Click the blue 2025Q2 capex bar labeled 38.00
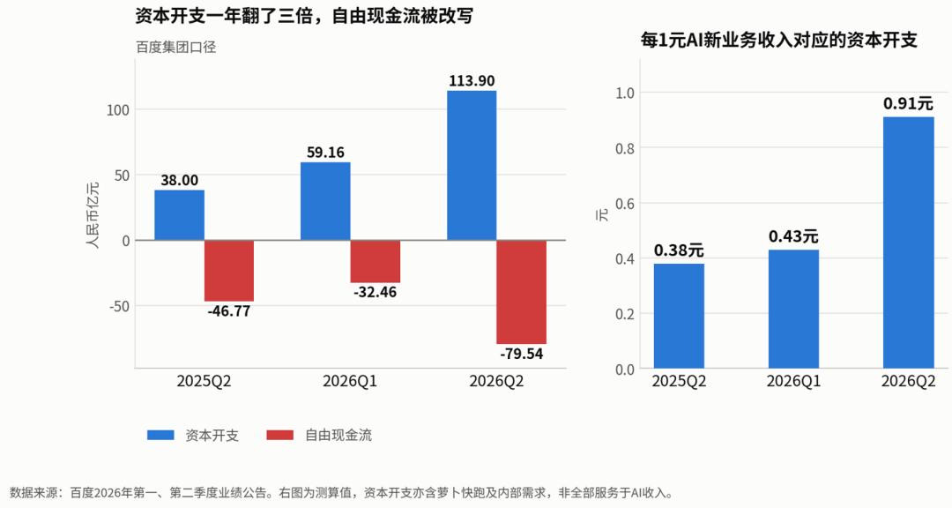pyautogui.click(x=179, y=215)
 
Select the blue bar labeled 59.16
pyautogui.click(x=325, y=201)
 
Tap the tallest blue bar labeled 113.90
pyautogui.click(x=472, y=165)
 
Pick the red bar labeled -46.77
pyautogui.click(x=229, y=271)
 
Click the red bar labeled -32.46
pyautogui.click(x=376, y=261)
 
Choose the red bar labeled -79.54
pyautogui.click(x=522, y=292)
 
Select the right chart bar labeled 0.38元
pyautogui.click(x=679, y=316)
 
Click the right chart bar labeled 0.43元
pyautogui.click(x=793, y=310)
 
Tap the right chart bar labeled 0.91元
pyautogui.click(x=908, y=243)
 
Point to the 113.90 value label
pyautogui.click(x=472, y=81)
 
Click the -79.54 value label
pyautogui.click(x=522, y=354)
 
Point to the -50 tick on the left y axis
pyautogui.click(x=120, y=306)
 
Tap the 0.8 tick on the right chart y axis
pyautogui.click(x=625, y=148)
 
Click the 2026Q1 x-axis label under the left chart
pyautogui.click(x=350, y=382)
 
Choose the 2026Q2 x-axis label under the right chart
pyautogui.click(x=908, y=382)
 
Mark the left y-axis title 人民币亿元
pyautogui.click(x=93, y=215)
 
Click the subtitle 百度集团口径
pyautogui.click(x=176, y=47)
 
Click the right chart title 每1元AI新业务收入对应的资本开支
pyautogui.click(x=779, y=40)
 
